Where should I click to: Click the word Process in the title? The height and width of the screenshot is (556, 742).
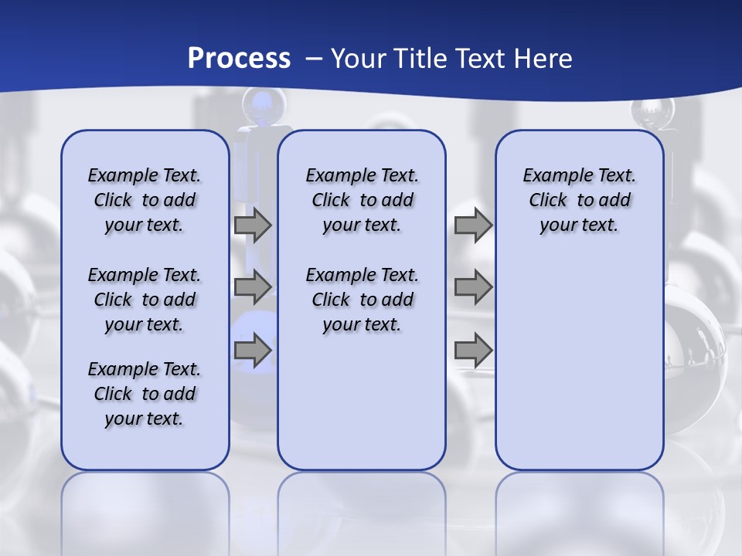tap(239, 58)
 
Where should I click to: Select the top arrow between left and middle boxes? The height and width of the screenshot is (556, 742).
tap(252, 225)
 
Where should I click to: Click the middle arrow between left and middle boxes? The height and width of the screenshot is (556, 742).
tap(252, 287)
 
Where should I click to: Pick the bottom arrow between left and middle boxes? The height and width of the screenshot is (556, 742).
tap(252, 351)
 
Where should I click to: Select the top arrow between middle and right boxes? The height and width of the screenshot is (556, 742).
tap(473, 225)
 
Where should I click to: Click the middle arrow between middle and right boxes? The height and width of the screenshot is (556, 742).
tap(473, 287)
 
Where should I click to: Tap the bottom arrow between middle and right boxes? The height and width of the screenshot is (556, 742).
tap(473, 351)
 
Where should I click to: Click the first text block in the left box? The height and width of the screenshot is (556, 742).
tap(145, 200)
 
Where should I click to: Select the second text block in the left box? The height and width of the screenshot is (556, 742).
tap(145, 300)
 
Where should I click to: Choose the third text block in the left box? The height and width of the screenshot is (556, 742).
tap(145, 394)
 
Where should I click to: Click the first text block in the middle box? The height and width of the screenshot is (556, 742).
tap(362, 200)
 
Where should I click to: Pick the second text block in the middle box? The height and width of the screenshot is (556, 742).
tap(362, 300)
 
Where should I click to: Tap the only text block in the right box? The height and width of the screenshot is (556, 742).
tap(579, 200)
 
